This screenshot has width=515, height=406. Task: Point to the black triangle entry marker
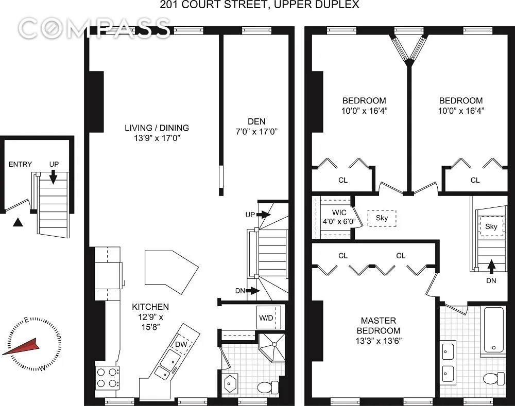[x=18, y=222]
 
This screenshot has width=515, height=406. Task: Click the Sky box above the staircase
[x=491, y=226]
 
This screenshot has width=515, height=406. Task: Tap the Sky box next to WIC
[x=382, y=218]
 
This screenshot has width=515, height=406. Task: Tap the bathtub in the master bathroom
[x=494, y=329]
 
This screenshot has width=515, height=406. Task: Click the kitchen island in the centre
[x=171, y=268]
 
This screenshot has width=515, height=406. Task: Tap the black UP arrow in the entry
[x=53, y=176]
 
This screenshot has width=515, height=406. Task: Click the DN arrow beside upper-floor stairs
[x=491, y=267]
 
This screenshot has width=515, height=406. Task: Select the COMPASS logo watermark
[x=96, y=27]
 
